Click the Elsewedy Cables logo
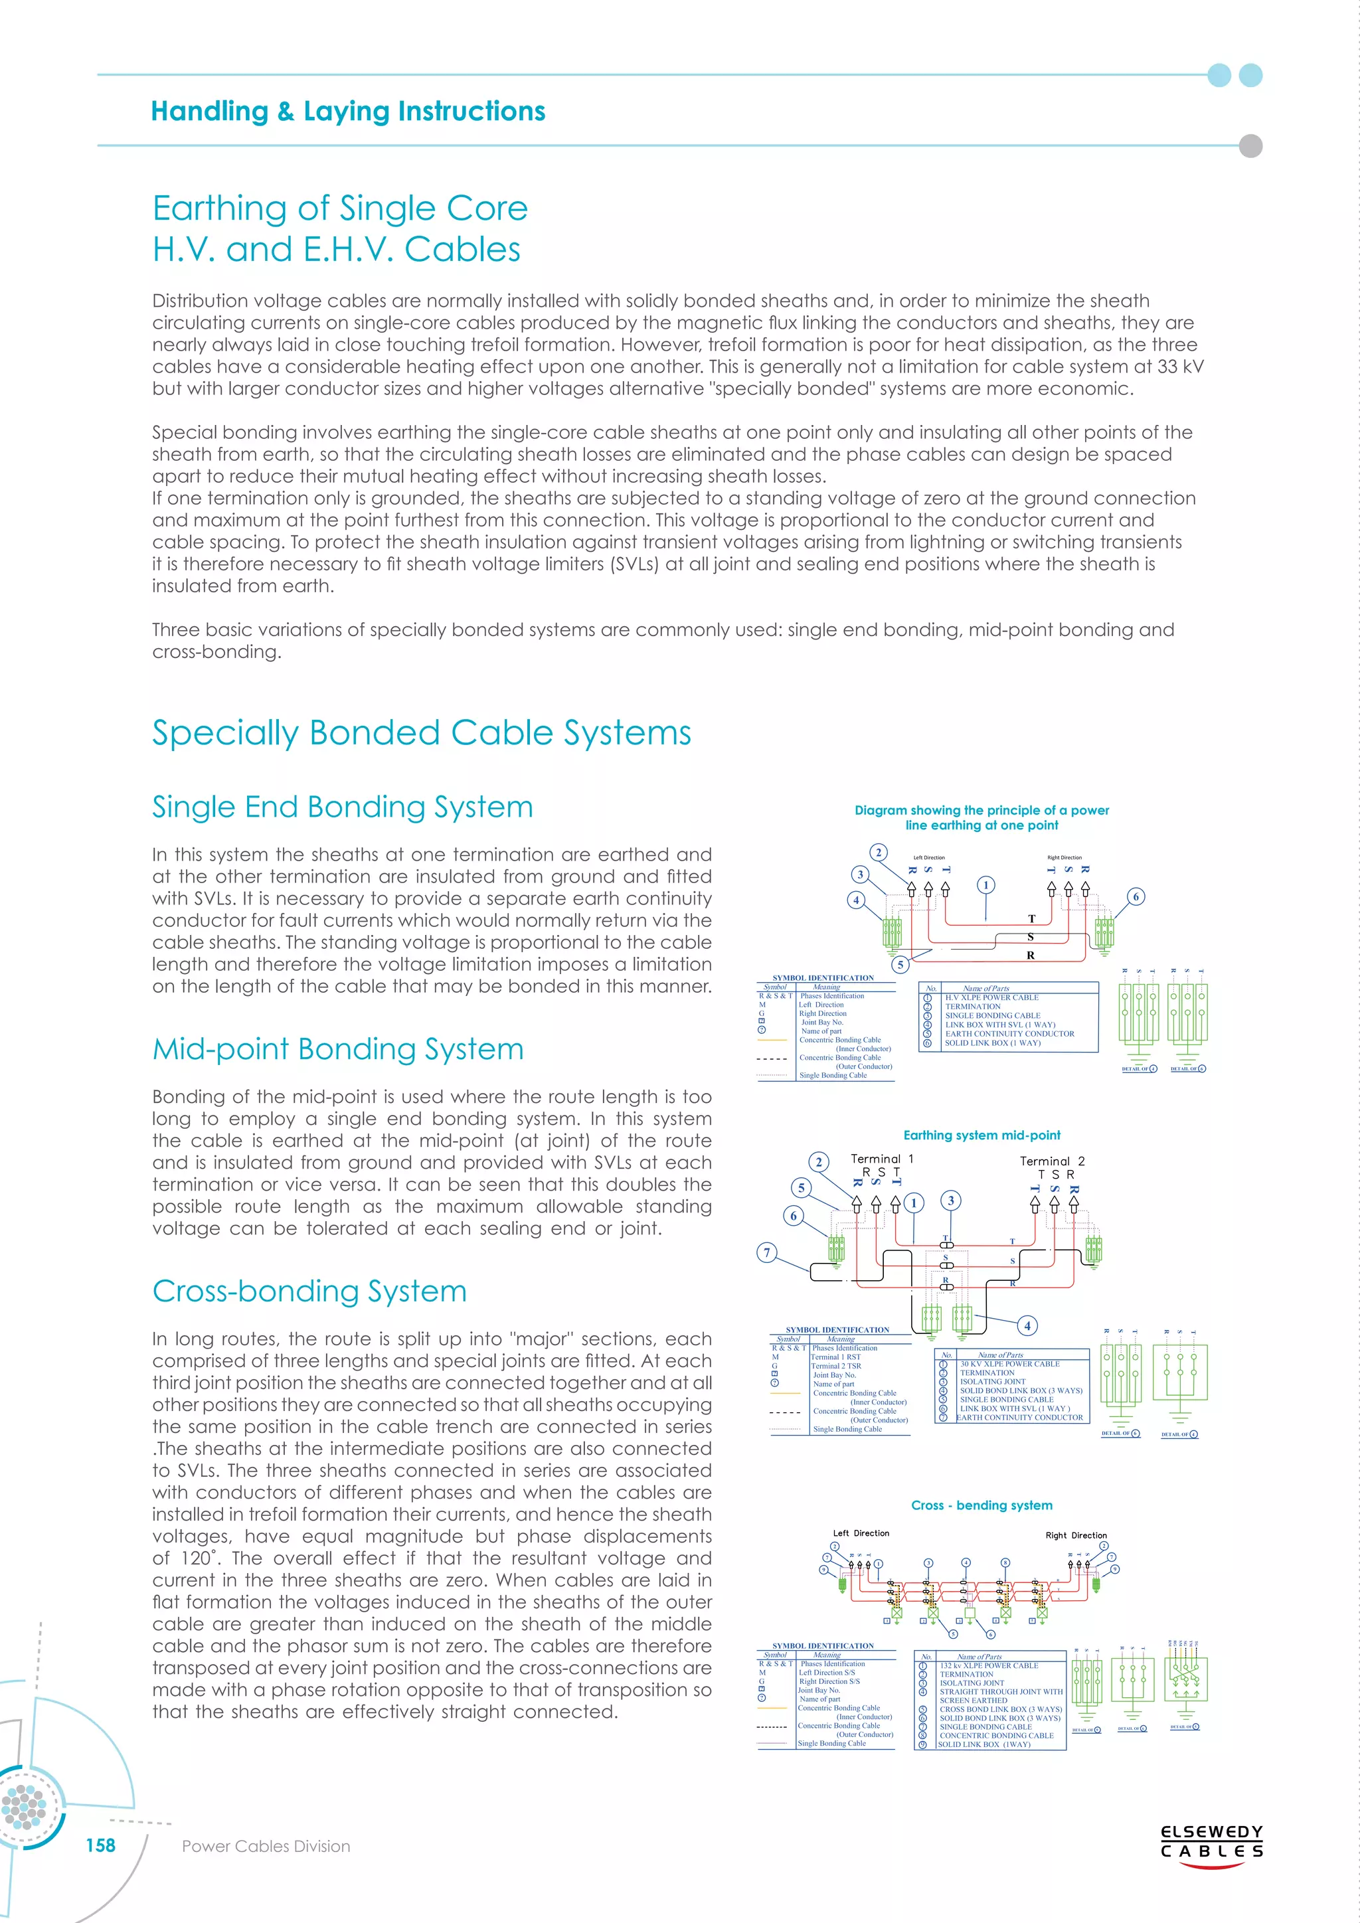tap(1211, 1842)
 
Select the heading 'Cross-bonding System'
tap(309, 1291)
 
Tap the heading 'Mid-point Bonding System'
tap(337, 1048)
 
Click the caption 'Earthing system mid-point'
tap(981, 1135)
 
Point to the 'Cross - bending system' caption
tap(981, 1505)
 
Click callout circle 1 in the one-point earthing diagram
tap(987, 885)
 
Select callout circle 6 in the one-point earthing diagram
tap(1136, 897)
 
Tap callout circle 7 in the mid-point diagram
tap(767, 1253)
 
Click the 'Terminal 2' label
tap(1052, 1161)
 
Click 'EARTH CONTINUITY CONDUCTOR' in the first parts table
tap(1009, 1033)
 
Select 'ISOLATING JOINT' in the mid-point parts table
tap(992, 1382)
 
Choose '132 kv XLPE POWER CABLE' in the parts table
tap(988, 1666)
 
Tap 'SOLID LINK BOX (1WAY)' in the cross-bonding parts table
tap(984, 1744)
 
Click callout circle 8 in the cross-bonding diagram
tap(1006, 1563)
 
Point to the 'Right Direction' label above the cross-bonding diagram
tap(1076, 1535)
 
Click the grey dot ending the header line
tap(1250, 145)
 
